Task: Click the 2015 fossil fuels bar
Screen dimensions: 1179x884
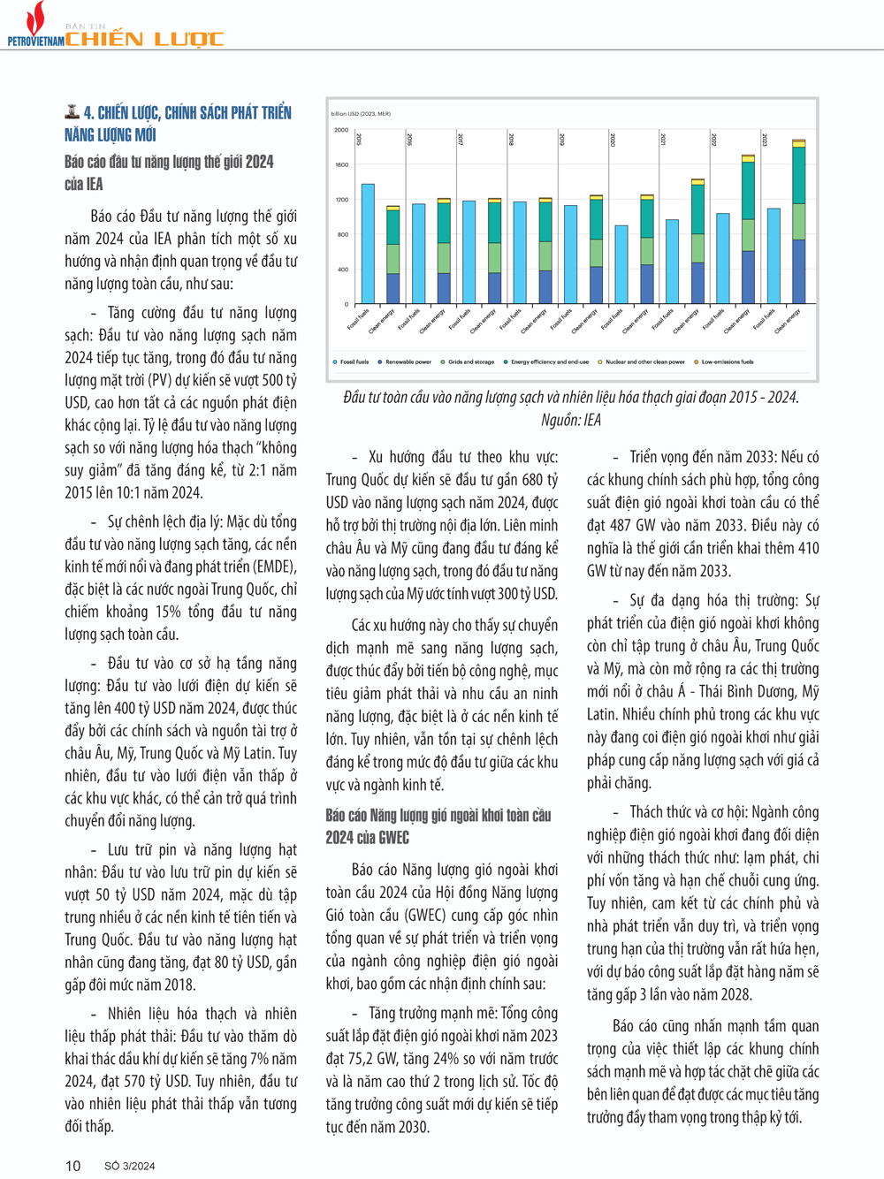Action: (368, 244)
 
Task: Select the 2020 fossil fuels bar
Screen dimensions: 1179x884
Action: (621, 264)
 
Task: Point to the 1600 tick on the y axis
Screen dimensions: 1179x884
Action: (341, 164)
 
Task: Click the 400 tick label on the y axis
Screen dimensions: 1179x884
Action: (342, 270)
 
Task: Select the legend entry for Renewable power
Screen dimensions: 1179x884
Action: (408, 361)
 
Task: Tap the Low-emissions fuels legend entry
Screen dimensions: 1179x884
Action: (727, 361)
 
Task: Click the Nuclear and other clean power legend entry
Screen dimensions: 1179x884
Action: (644, 361)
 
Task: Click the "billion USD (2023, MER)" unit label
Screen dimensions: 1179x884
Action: (361, 114)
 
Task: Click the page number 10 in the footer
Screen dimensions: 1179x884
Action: (72, 1166)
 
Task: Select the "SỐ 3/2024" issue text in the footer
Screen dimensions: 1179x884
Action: (129, 1166)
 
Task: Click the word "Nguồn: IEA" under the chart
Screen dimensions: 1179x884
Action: (571, 420)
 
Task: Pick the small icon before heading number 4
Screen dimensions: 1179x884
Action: (72, 111)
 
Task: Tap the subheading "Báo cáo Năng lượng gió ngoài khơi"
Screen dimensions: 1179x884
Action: (438, 815)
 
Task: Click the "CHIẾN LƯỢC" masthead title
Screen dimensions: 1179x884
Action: (144, 39)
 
